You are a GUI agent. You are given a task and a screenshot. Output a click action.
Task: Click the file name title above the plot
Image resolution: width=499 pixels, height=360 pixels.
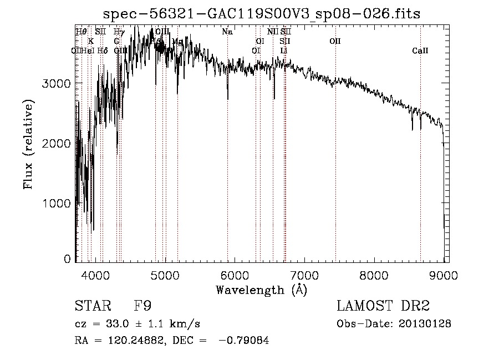[x=262, y=14]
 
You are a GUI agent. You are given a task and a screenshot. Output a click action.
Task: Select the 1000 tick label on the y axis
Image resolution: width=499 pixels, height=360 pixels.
[x=58, y=204]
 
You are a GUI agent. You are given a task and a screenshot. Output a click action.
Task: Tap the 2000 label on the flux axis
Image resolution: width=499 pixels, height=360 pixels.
[x=58, y=144]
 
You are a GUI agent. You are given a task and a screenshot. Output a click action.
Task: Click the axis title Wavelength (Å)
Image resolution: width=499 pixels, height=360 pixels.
[x=261, y=290]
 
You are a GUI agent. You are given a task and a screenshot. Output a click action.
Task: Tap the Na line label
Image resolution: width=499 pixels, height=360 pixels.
[x=227, y=32]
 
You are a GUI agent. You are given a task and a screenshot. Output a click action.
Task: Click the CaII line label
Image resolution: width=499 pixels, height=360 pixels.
[x=420, y=51]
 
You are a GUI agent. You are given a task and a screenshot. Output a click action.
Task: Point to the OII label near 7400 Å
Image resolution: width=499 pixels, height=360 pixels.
[x=335, y=42]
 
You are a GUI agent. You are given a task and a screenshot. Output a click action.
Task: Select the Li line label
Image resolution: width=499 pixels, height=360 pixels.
[x=284, y=51]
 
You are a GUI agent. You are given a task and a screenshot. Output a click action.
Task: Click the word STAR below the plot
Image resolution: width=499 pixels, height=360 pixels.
[x=93, y=306]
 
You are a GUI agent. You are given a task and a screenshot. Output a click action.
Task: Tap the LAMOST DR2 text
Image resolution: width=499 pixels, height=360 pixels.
[x=383, y=306]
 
